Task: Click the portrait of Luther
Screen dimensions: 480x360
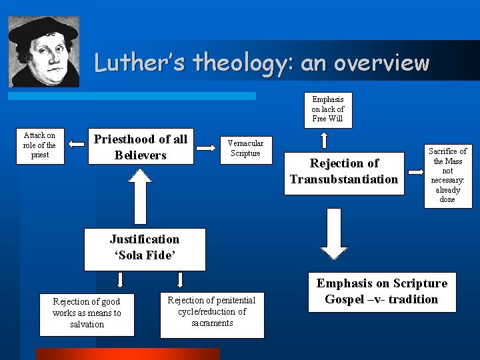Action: [43, 52]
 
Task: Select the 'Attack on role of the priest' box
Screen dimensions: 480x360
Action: [40, 145]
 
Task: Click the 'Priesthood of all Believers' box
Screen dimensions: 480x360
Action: [141, 147]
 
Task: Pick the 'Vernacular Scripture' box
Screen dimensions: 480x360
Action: [245, 148]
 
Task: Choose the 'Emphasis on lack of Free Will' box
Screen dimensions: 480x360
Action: [328, 109]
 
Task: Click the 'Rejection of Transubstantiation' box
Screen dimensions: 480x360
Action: [344, 171]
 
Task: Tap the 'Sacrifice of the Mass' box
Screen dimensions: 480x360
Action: [447, 175]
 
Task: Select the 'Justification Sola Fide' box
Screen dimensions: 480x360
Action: [145, 248]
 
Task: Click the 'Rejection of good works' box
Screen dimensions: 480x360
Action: [87, 313]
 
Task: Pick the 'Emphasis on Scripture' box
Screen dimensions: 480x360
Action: [381, 291]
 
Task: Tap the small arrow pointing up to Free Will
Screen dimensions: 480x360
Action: [324, 140]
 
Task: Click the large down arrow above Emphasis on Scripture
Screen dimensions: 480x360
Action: [334, 233]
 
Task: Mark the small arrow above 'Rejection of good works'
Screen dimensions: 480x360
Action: [121, 279]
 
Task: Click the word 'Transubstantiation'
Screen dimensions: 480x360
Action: [344, 179]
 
